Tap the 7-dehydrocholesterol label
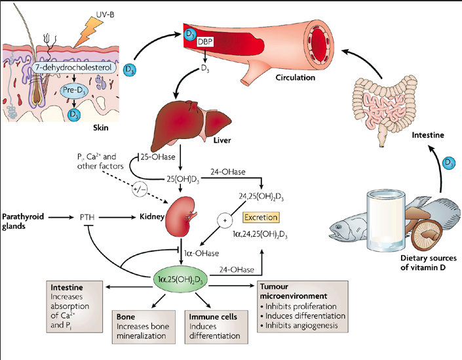click(73, 68)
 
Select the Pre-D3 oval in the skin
click(74, 90)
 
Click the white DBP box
click(205, 41)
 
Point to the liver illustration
click(189, 124)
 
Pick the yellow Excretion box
click(261, 218)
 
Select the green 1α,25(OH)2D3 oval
click(181, 278)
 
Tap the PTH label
click(87, 218)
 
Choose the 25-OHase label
click(158, 157)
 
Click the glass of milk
click(386, 220)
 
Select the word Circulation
click(296, 77)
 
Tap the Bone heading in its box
click(126, 317)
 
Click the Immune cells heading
click(213, 317)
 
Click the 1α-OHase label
click(202, 253)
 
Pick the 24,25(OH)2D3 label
click(261, 197)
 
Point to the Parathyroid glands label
click(23, 222)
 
